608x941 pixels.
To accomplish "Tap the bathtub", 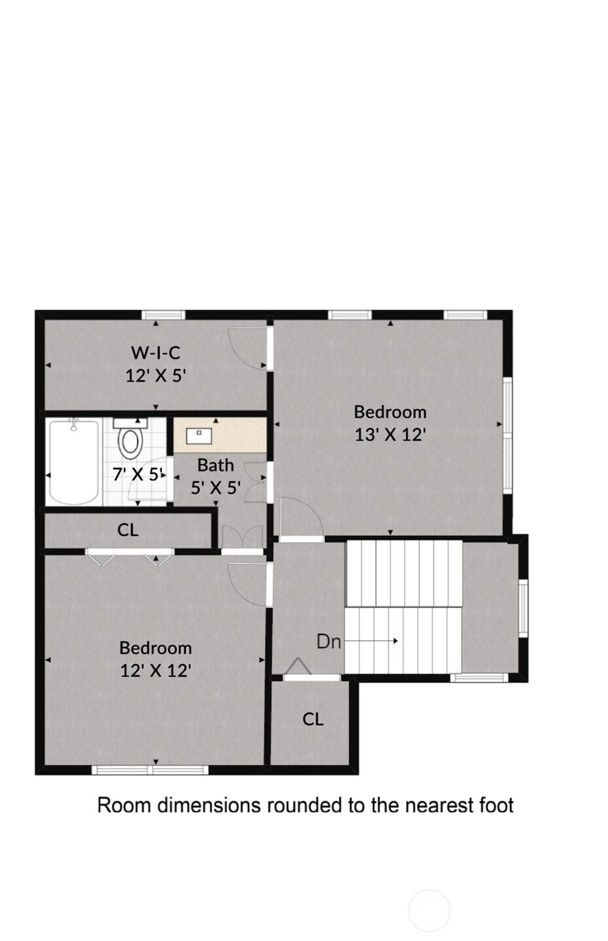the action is [74, 461].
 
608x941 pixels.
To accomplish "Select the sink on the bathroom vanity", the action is [199, 436].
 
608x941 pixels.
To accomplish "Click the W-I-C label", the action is [156, 353].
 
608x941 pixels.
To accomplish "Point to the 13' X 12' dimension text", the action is [390, 435].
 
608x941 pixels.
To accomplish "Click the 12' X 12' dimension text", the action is [156, 670].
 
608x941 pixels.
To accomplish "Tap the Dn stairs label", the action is [328, 642].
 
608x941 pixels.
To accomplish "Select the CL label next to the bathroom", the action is [127, 530].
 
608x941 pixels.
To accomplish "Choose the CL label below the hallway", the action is [312, 719].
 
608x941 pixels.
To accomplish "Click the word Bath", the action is [216, 465].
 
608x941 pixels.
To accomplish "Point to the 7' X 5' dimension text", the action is [137, 474].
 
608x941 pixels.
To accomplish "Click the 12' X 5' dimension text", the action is [156, 376].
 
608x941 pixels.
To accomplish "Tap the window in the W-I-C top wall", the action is [163, 315].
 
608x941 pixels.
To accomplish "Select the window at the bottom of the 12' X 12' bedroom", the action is [150, 770].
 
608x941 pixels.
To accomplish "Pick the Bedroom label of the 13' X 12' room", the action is [390, 412].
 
